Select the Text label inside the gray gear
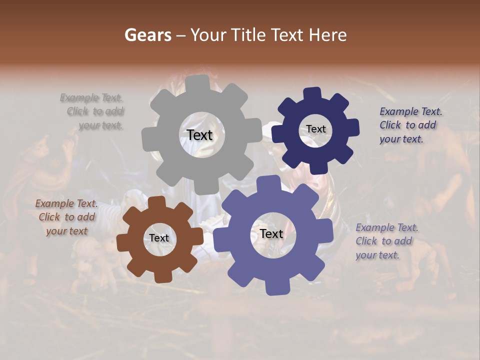[x=200, y=135]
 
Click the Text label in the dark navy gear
[x=315, y=129]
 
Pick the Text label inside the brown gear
[x=159, y=238]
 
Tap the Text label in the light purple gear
[x=271, y=233]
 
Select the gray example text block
[x=92, y=111]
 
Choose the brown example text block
[x=67, y=217]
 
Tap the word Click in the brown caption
[x=49, y=217]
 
